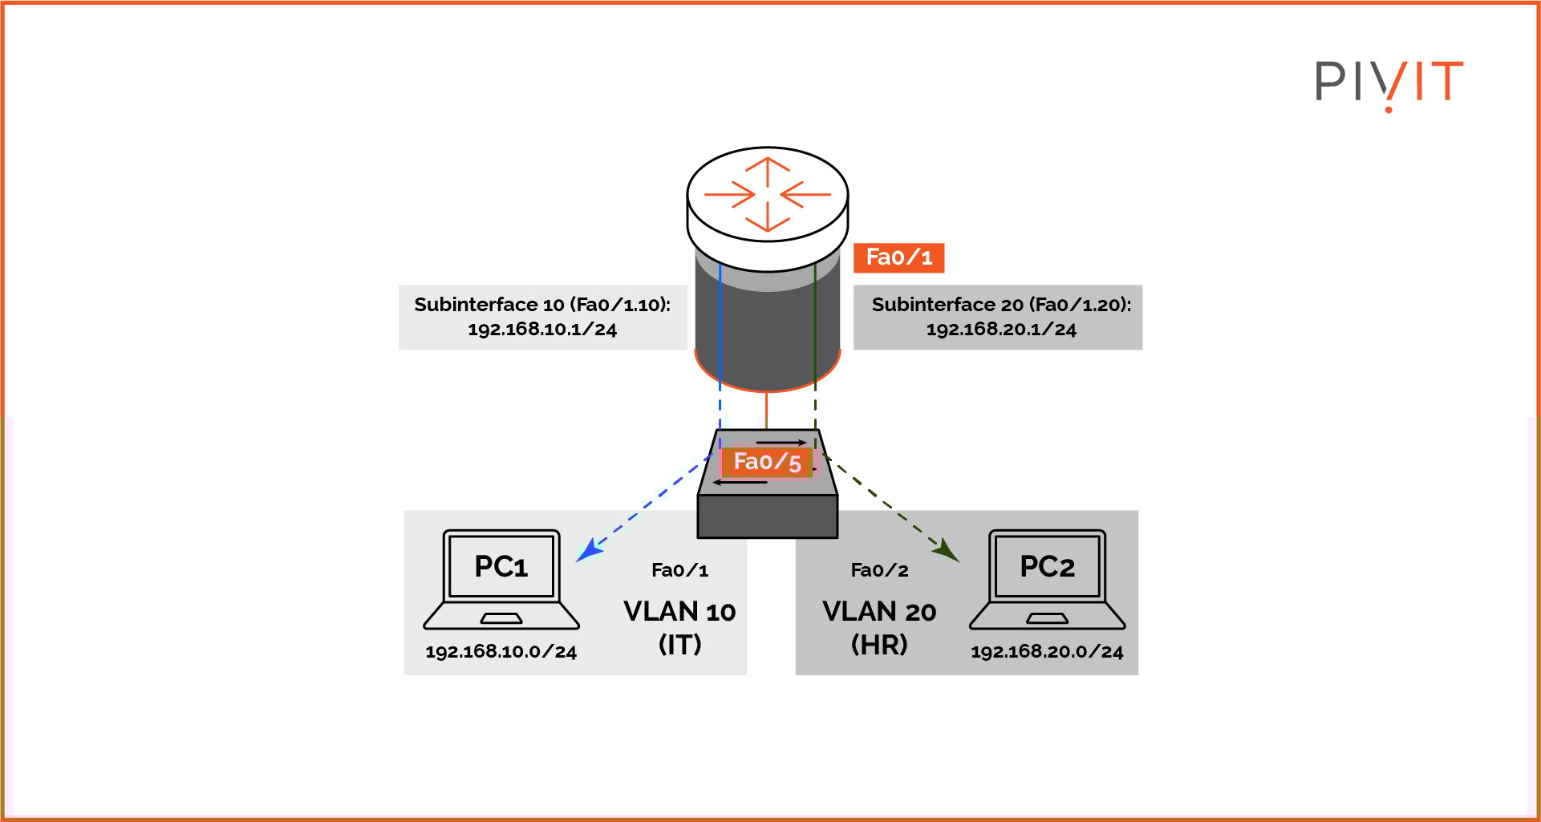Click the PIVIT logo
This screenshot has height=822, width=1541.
point(1389,83)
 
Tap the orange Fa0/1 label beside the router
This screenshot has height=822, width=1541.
point(898,257)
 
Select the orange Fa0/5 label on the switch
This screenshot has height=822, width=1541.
point(767,462)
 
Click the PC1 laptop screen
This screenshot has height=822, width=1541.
point(501,566)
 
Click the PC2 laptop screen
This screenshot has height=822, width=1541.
point(1047,566)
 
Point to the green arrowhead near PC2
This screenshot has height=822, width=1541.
point(947,551)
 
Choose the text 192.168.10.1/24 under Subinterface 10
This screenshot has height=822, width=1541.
point(542,330)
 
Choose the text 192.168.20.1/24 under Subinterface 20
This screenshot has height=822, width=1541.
point(1001,330)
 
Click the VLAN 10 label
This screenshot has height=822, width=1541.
point(679,612)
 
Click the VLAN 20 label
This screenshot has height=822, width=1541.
point(879,612)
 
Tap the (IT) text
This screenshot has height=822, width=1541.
point(679,644)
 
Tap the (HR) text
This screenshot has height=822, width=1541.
point(879,644)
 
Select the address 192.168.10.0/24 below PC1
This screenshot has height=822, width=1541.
point(501,652)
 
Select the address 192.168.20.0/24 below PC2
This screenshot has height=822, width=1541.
point(1047,652)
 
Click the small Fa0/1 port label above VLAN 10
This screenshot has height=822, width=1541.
point(679,570)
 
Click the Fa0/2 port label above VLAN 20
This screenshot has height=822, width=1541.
point(879,570)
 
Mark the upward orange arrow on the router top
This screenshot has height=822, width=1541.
point(768,170)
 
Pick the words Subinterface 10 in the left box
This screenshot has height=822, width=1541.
point(489,305)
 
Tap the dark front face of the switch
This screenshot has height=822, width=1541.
point(768,516)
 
